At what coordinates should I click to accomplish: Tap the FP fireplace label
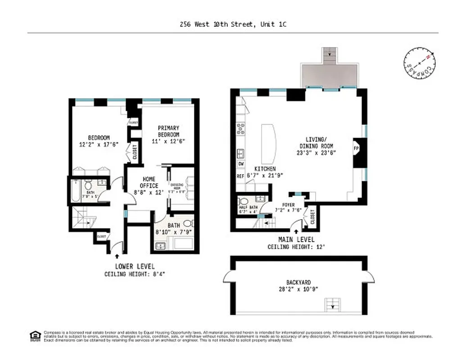[x=356, y=148]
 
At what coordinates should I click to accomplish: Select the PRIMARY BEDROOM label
[x=168, y=131]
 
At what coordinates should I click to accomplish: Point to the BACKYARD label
[x=299, y=283]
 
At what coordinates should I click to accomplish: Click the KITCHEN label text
[x=264, y=169]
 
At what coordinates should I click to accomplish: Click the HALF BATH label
[x=246, y=208]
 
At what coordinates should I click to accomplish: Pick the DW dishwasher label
[x=241, y=164]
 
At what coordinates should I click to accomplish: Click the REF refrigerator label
[x=240, y=176]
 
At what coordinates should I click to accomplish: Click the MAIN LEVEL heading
[x=296, y=239]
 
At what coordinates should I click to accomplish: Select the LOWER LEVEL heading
[x=135, y=266]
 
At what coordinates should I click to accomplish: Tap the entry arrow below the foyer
[x=296, y=232]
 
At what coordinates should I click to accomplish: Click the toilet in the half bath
[x=243, y=201]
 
